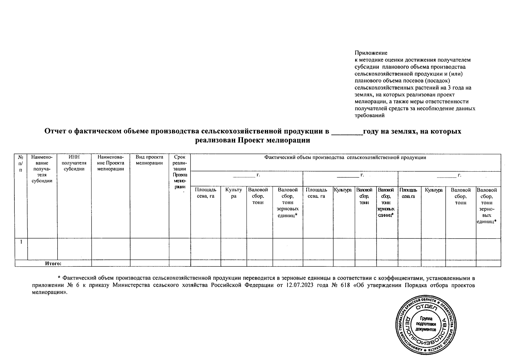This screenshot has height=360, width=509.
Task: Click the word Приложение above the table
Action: pos(371,53)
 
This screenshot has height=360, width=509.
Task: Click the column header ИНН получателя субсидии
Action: pos(74,163)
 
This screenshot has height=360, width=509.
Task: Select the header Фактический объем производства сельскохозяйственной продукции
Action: pos(345,157)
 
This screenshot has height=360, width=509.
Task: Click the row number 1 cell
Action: pos(21,242)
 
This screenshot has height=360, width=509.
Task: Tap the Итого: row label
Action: pos(53,264)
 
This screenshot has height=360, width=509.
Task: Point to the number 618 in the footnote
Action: pos(344,285)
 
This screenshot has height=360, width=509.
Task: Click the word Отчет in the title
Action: pos(56,131)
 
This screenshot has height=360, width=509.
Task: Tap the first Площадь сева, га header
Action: pos(205,193)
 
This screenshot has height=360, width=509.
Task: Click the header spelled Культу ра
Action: pos(234,193)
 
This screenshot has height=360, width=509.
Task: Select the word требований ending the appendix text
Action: pos(369,115)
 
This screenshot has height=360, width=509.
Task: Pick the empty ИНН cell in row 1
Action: pos(74,249)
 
